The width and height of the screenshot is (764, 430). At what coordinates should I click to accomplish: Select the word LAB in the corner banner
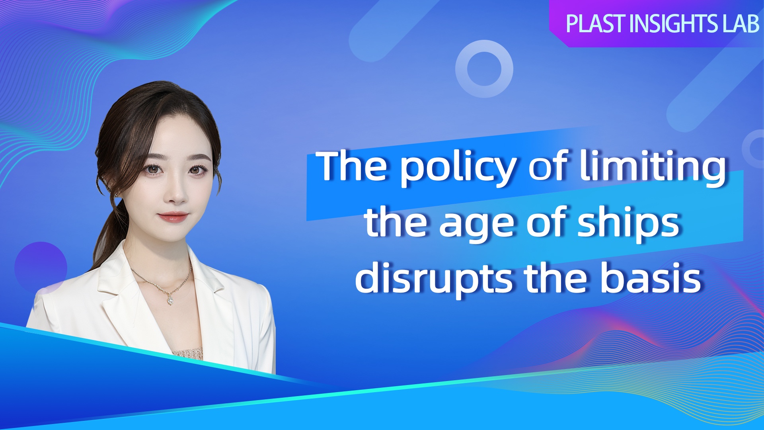(x=741, y=23)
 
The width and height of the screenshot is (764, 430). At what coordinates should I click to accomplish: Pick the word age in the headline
(x=477, y=225)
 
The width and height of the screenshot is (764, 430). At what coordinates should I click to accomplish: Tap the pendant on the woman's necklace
(x=170, y=300)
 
